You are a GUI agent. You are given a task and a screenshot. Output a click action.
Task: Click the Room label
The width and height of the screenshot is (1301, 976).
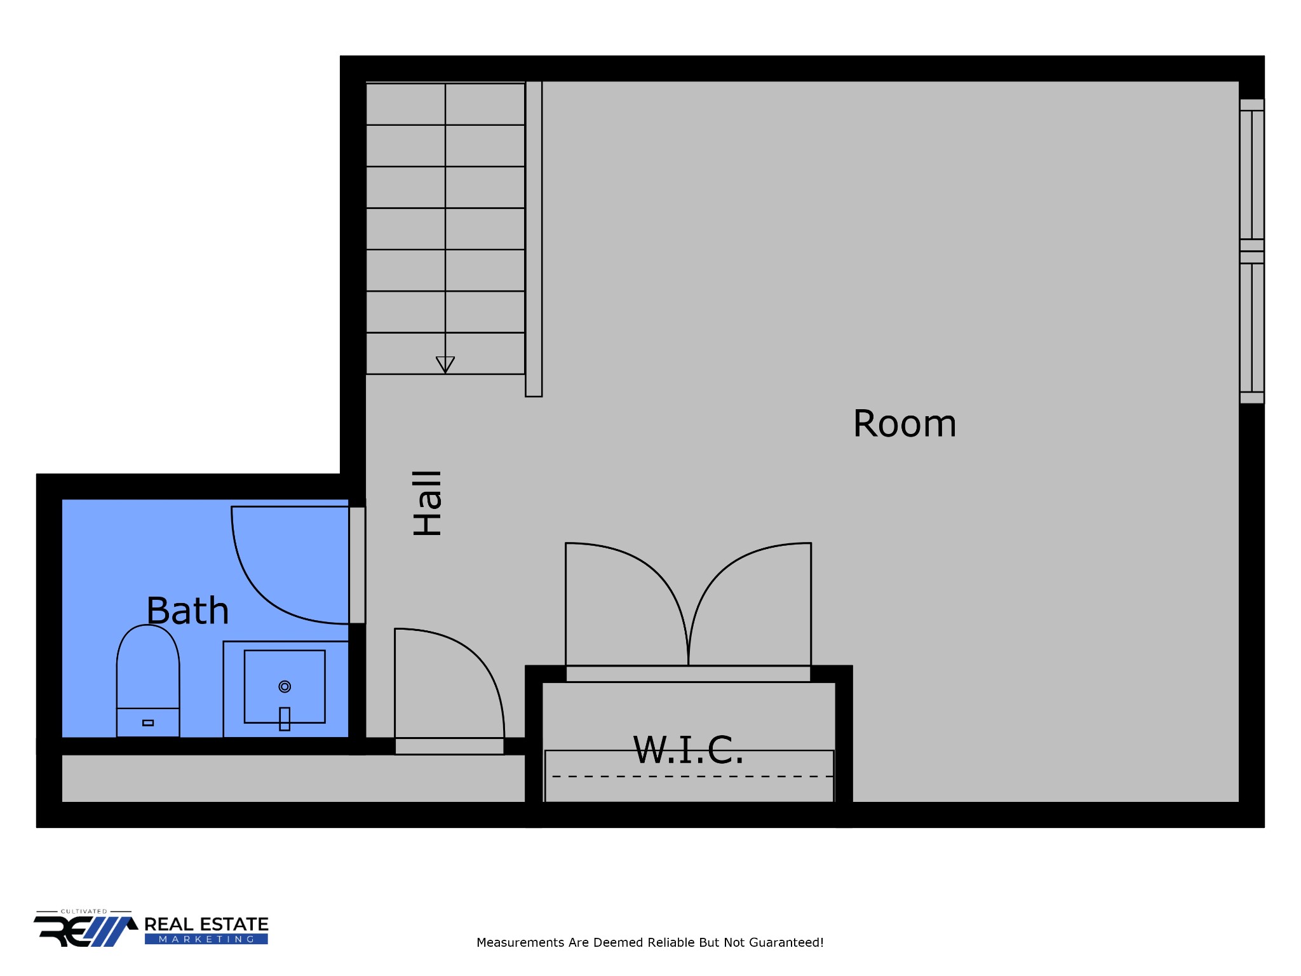(x=905, y=424)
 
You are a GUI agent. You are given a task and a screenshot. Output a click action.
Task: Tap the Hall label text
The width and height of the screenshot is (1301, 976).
(x=428, y=503)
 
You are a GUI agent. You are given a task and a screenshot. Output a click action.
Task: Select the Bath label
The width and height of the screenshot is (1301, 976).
(x=187, y=611)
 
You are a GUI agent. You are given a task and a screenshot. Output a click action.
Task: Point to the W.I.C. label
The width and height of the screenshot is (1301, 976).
(x=688, y=750)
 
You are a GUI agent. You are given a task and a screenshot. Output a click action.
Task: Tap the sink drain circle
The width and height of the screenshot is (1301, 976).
(x=285, y=686)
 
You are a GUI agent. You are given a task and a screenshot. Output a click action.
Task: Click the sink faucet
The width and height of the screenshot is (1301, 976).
(x=285, y=719)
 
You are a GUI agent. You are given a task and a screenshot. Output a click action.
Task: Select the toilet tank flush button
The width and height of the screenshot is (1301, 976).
(x=148, y=722)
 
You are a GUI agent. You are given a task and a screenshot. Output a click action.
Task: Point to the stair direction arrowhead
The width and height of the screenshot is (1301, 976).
(x=445, y=365)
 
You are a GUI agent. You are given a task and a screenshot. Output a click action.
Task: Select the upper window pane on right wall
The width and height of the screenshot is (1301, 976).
(x=1251, y=175)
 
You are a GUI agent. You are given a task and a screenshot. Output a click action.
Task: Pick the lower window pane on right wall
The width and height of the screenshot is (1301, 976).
(x=1251, y=327)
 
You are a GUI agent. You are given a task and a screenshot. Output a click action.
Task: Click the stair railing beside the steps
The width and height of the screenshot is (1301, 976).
(x=534, y=238)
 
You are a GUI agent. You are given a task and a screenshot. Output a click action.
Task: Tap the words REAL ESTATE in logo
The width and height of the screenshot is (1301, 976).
(x=206, y=925)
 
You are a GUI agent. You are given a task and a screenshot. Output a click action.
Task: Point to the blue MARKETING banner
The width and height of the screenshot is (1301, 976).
(x=206, y=939)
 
